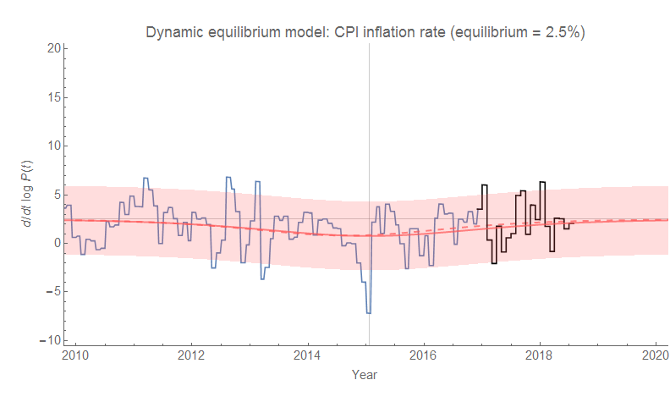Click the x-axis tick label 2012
[192, 354]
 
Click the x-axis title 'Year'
[365, 373]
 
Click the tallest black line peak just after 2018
[542, 182]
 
